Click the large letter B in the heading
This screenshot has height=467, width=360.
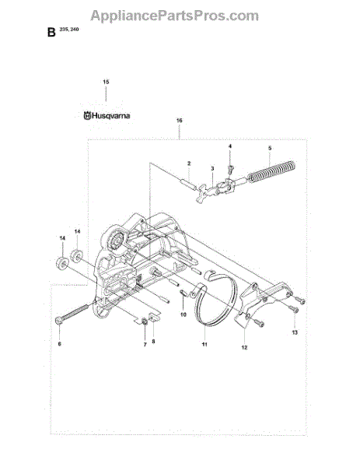click(51, 32)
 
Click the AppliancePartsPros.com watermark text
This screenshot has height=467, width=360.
click(175, 16)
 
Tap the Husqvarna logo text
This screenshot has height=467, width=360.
click(107, 115)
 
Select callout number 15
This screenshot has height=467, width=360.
click(106, 82)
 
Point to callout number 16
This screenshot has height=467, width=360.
click(179, 121)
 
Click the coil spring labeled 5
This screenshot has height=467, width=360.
click(271, 172)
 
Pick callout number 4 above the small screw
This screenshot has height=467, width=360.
click(230, 146)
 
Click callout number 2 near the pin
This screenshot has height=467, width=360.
click(189, 163)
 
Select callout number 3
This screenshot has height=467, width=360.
click(212, 169)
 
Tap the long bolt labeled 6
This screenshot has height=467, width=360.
click(72, 314)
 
